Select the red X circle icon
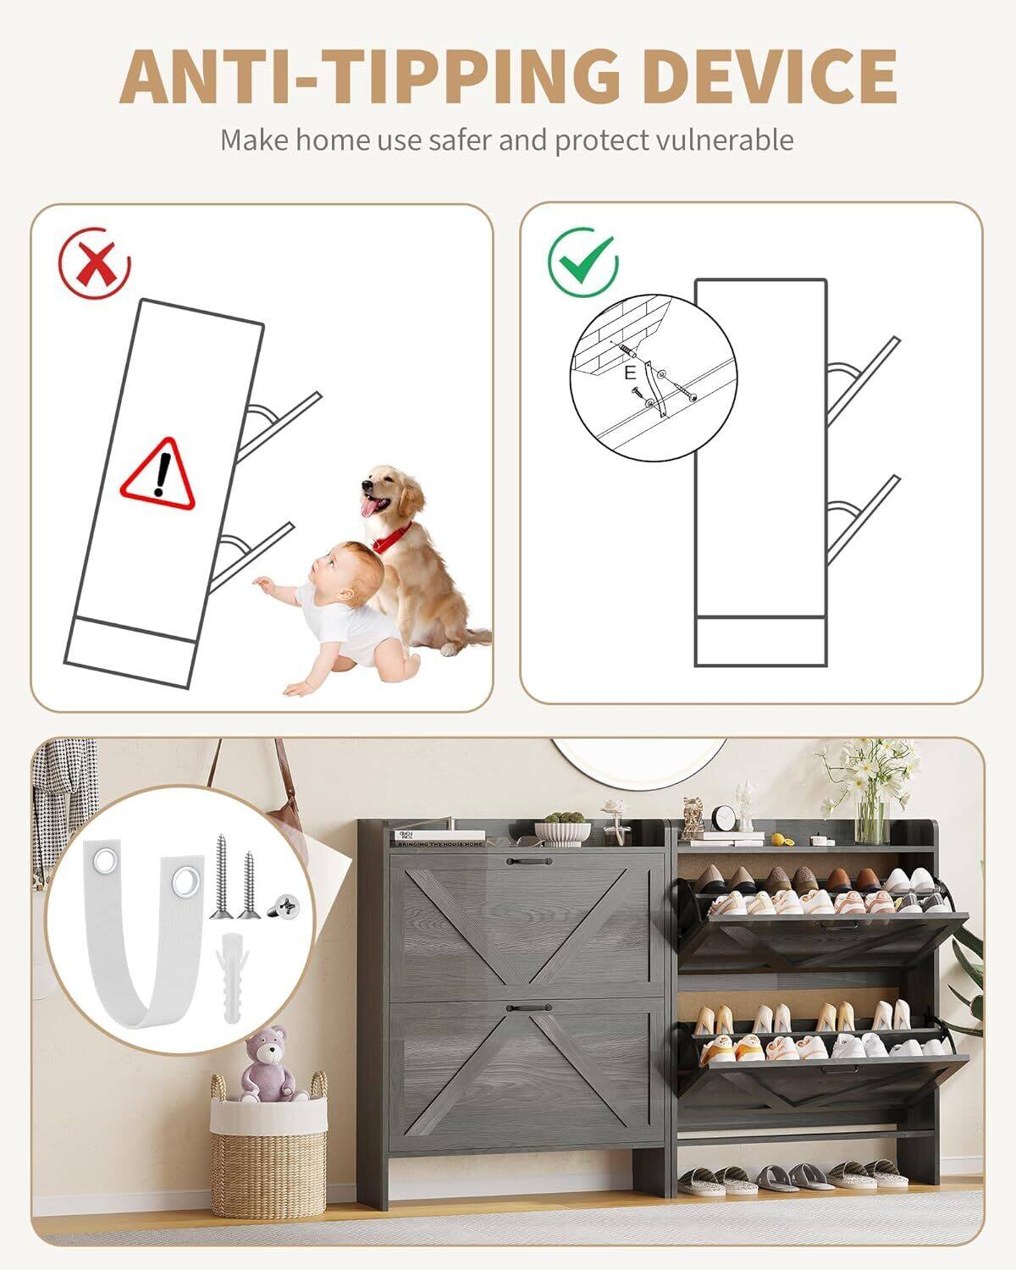tap(95, 262)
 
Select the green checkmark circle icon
tap(583, 259)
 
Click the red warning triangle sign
tap(158, 475)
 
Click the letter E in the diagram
tap(629, 373)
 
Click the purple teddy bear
tap(272, 1066)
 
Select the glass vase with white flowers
tap(872, 813)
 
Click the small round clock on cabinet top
tap(723, 819)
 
